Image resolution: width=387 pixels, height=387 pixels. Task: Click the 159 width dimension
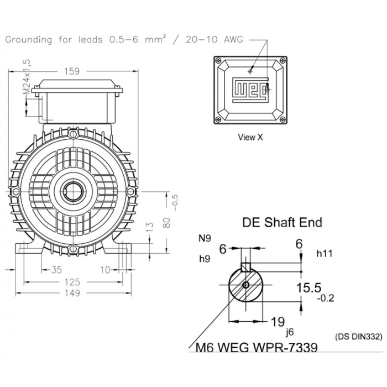point(72,71)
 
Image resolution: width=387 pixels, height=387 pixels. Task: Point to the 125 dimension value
point(72,281)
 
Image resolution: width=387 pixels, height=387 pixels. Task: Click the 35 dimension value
point(56,270)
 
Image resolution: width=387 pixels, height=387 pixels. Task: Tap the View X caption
point(250,137)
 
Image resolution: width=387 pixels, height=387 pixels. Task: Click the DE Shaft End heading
point(283,222)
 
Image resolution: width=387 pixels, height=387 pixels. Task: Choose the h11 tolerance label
point(325,253)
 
